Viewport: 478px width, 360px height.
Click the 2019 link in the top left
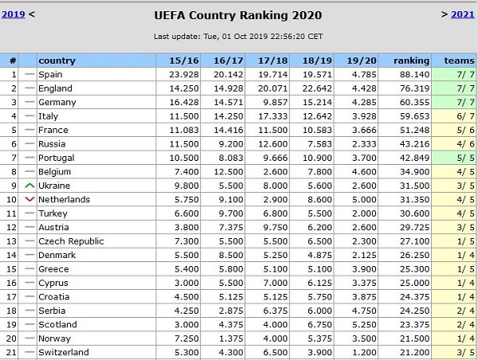(x=14, y=14)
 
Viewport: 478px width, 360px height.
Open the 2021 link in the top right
(x=462, y=14)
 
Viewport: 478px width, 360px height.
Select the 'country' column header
(x=57, y=61)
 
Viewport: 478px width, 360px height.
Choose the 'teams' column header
(x=459, y=61)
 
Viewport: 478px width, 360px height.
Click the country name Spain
(x=50, y=75)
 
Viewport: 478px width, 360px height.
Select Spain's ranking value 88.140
(x=414, y=75)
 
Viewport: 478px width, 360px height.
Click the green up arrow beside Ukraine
(x=29, y=186)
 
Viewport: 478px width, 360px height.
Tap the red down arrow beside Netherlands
(x=29, y=200)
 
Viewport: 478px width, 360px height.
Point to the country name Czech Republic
(x=71, y=241)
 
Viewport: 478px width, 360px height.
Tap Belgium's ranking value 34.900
(x=414, y=172)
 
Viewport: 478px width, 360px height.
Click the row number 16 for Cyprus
(x=13, y=283)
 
